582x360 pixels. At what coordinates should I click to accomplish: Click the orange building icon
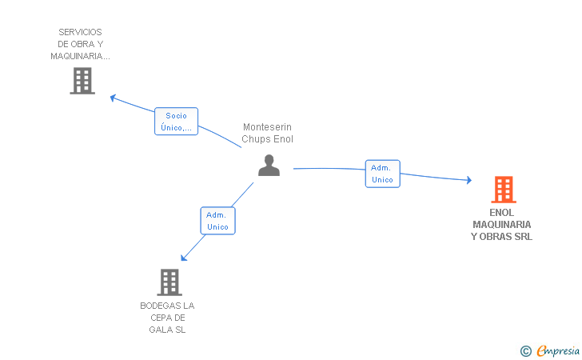coord(504,190)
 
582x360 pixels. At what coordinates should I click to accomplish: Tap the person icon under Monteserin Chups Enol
coord(269,166)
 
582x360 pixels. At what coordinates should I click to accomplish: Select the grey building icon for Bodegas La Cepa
coord(169,282)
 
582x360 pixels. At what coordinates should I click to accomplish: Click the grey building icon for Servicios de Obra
coord(82,81)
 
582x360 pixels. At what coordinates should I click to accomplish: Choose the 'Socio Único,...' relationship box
coord(177,121)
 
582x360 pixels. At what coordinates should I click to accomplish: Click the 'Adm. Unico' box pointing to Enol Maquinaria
coord(383,174)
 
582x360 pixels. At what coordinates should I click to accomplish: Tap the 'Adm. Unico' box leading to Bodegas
coord(218,221)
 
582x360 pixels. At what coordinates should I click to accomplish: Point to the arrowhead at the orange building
coord(469,180)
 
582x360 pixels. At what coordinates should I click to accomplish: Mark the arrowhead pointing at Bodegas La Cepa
coord(184,258)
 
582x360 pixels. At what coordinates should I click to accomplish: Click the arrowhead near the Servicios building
coord(114,98)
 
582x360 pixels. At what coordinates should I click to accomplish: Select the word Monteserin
coord(267,127)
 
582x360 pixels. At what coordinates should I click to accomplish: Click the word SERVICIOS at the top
coord(80,32)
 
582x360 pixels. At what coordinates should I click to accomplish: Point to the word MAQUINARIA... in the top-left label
coord(80,56)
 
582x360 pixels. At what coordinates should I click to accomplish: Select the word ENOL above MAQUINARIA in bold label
coord(501,213)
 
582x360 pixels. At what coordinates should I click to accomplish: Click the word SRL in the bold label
coord(524,236)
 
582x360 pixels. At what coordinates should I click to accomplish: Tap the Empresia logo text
coord(558,350)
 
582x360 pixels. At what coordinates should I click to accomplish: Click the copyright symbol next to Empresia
coord(526,351)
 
